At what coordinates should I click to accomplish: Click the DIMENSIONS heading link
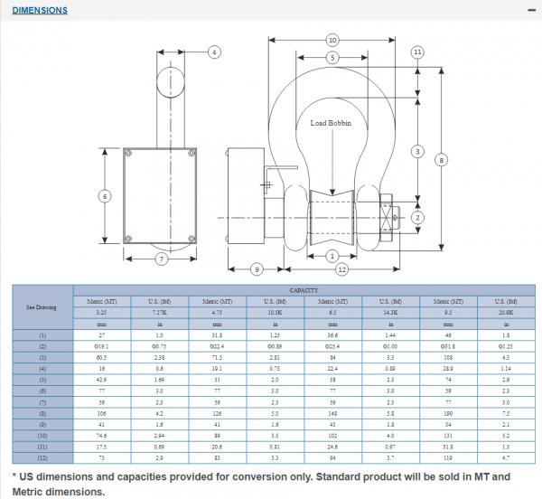[x=39, y=11]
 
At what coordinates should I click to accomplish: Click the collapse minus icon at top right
[x=530, y=10]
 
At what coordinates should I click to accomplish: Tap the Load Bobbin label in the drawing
[x=331, y=123]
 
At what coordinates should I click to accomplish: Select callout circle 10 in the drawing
[x=332, y=41]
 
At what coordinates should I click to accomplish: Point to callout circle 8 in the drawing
[x=441, y=160]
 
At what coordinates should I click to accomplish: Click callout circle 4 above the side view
[x=214, y=52]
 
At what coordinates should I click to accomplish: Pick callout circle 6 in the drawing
[x=105, y=196]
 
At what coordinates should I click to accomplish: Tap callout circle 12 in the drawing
[x=342, y=268]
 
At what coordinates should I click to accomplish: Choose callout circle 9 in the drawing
[x=257, y=268]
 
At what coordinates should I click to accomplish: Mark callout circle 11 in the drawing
[x=417, y=52]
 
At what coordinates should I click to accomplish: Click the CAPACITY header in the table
[x=304, y=290]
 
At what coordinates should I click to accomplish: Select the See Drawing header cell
[x=42, y=306]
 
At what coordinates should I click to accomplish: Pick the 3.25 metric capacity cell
[x=101, y=311]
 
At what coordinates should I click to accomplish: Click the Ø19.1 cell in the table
[x=101, y=346]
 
